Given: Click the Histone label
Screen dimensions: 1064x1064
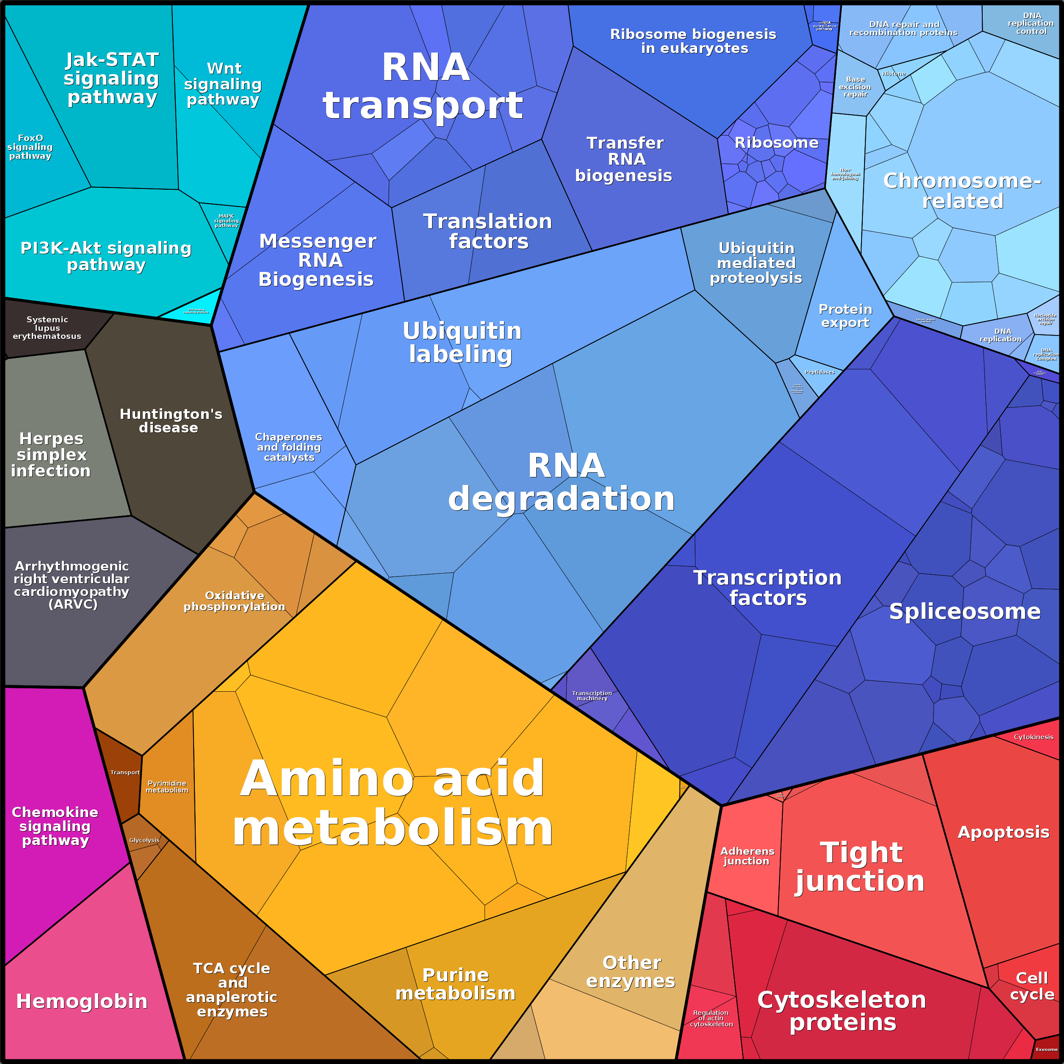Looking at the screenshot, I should point(893,74).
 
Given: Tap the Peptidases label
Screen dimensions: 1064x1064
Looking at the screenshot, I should point(820,372).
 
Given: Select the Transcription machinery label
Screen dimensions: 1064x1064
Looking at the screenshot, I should point(592,695).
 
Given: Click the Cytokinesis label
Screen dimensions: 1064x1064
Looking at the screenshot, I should point(1034,737).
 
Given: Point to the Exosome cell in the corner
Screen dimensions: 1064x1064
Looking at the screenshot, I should point(1046,1049).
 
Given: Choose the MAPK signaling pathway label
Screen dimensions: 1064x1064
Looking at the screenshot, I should point(226,221).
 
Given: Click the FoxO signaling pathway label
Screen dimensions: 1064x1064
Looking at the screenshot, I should point(30,147).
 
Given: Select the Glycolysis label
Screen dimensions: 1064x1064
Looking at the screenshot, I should point(144,840).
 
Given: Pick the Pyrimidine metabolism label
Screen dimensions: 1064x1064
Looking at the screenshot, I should point(167,787).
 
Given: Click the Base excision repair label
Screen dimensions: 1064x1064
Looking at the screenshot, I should point(855,87).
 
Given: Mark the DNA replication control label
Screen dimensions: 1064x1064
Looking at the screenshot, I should point(1031,24).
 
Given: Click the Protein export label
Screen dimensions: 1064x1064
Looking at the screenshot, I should point(845,316).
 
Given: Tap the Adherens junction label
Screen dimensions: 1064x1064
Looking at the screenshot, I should point(747,856).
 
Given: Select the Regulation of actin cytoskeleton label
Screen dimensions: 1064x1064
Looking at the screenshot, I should point(711,1018).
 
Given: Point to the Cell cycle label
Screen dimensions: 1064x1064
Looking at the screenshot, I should point(1031,986).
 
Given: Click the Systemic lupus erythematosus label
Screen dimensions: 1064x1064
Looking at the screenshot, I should point(47,328).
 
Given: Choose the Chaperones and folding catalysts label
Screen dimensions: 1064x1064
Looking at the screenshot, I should point(288,447).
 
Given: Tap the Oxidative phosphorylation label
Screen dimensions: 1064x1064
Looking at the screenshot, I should point(235,601).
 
